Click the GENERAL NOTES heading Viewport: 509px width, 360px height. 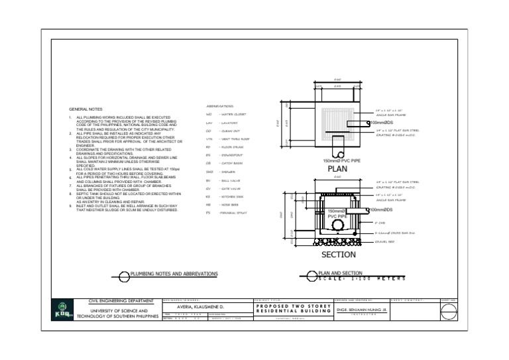pyautogui.click(x=86, y=109)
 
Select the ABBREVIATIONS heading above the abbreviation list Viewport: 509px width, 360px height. pyautogui.click(x=220, y=106)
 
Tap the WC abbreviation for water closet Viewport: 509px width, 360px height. pyautogui.click(x=209, y=115)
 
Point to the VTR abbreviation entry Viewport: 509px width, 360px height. pyautogui.click(x=209, y=139)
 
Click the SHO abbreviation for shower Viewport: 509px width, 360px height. pyautogui.click(x=209, y=172)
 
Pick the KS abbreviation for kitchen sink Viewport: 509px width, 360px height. pyautogui.click(x=208, y=196)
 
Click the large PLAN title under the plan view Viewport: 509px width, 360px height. pyautogui.click(x=338, y=169)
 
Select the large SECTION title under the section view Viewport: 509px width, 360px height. pyautogui.click(x=339, y=255)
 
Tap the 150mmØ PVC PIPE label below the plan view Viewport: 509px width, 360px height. pyautogui.click(x=341, y=160)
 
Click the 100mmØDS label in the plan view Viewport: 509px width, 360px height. pyautogui.click(x=382, y=123)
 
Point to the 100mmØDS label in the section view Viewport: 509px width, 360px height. pyautogui.click(x=382, y=210)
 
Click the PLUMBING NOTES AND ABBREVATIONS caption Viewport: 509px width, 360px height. pyautogui.click(x=174, y=273)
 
